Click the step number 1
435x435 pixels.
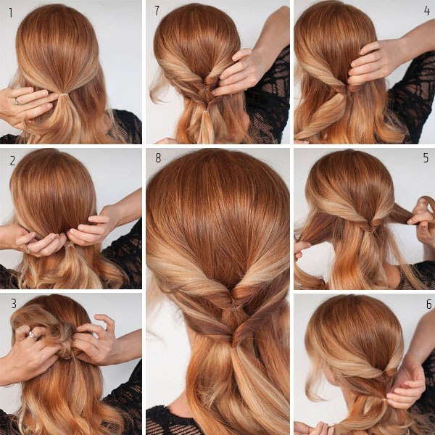[11, 13]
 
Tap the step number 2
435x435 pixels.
[12, 161]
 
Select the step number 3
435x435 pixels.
[14, 304]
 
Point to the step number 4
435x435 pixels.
[427, 11]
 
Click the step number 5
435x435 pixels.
[426, 157]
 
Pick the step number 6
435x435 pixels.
[429, 304]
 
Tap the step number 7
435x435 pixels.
[157, 11]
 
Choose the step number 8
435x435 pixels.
[158, 157]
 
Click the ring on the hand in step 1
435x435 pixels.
[17, 101]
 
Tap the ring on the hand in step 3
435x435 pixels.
[33, 336]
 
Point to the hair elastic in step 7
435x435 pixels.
[205, 112]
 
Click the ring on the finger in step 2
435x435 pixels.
[28, 248]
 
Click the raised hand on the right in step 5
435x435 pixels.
[421, 219]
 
